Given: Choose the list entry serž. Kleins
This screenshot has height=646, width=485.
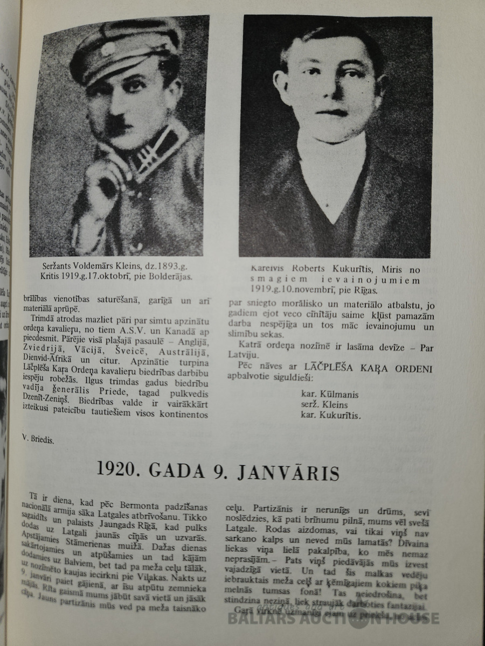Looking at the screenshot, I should tap(324, 405).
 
